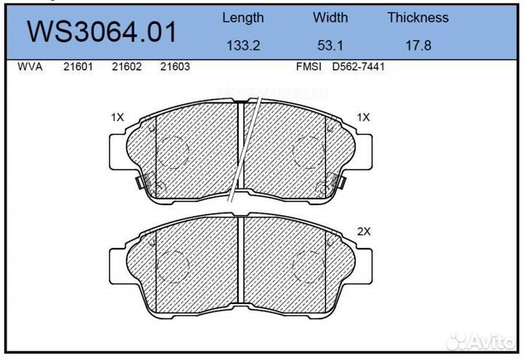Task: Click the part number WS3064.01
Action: pyautogui.click(x=101, y=33)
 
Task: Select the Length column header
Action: pyautogui.click(x=242, y=17)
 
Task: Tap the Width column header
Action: pyautogui.click(x=330, y=17)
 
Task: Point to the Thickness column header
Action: pyautogui.click(x=418, y=17)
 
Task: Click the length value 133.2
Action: pyautogui.click(x=242, y=45)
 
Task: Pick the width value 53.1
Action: pyautogui.click(x=330, y=45)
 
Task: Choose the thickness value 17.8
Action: pyautogui.click(x=418, y=45)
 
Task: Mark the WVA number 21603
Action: pyautogui.click(x=175, y=67)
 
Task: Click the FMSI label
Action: pyautogui.click(x=309, y=67)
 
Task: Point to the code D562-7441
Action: pyautogui.click(x=358, y=67)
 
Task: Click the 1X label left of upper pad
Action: pyautogui.click(x=117, y=116)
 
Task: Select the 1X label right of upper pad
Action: pyautogui.click(x=364, y=116)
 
